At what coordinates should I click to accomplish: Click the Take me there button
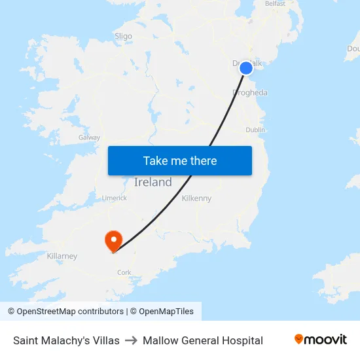click(180, 161)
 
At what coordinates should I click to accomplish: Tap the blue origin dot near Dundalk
click(246, 68)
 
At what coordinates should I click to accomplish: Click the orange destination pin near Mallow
click(114, 240)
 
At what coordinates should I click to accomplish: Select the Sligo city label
click(123, 37)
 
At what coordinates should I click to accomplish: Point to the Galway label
click(89, 137)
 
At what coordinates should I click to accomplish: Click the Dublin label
click(255, 130)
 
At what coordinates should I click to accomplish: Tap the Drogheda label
click(250, 93)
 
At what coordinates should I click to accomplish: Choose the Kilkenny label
click(196, 198)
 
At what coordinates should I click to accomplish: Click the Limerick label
click(115, 198)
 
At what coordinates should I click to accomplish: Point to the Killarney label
click(62, 256)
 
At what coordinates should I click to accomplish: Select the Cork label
click(124, 272)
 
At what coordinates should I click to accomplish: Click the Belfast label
click(275, 4)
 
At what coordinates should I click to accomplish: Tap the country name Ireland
click(153, 183)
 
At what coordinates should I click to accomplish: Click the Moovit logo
click(321, 340)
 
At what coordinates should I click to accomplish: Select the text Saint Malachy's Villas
click(66, 340)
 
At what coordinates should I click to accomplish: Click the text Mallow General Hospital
click(203, 340)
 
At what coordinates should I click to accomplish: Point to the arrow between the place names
click(131, 340)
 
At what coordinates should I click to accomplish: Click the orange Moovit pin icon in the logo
click(299, 339)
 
